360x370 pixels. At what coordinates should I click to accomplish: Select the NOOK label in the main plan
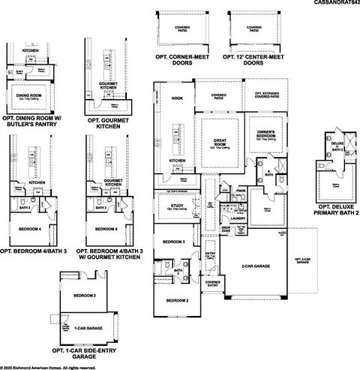point(177,98)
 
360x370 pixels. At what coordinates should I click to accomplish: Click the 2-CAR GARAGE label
point(256,266)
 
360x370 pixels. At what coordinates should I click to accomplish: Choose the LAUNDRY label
point(238,239)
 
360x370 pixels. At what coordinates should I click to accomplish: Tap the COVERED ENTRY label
point(213,284)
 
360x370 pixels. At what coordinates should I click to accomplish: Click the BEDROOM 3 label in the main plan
point(174,242)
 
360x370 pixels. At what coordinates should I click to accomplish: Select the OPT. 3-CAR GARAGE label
point(302,260)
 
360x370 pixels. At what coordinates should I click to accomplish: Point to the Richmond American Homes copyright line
point(49,367)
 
